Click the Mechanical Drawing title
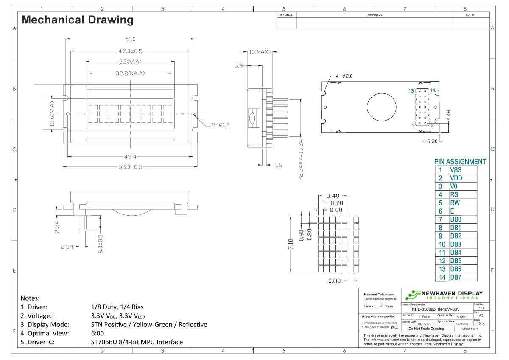coord(77,20)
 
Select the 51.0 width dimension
coord(130,39)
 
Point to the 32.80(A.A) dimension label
coord(130,73)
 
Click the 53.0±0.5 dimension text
coord(130,166)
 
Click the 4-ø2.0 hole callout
coord(344,76)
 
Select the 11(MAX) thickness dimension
coord(260,52)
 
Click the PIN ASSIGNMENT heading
coord(460,162)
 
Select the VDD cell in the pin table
coord(456,178)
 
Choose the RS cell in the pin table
coord(454,195)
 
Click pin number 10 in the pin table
coord(442,245)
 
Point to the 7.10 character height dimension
coord(291,245)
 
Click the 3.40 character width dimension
coord(333,196)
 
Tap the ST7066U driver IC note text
coord(137,342)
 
